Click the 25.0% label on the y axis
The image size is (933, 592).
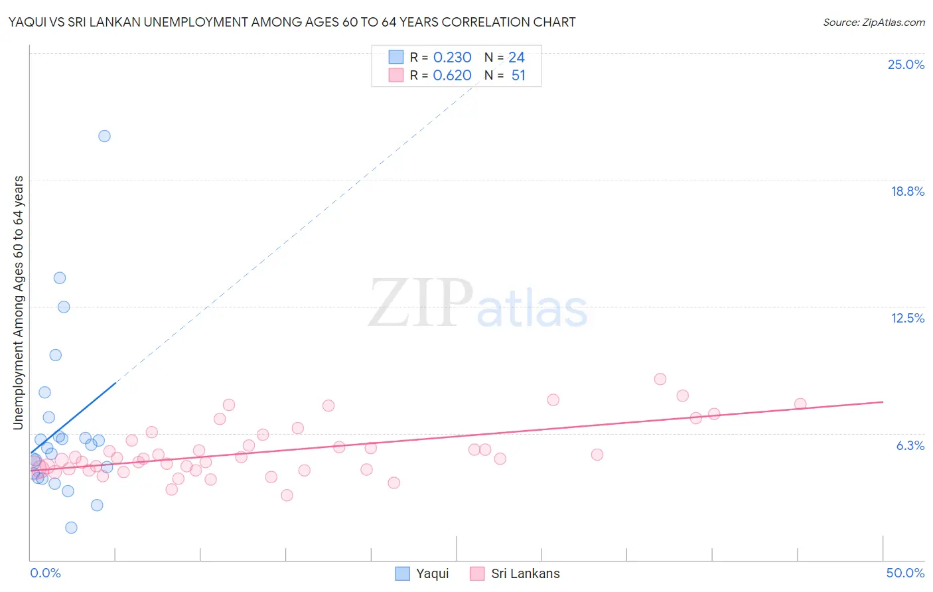(906, 64)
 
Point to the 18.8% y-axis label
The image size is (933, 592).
(907, 191)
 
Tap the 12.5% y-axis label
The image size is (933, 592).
(907, 318)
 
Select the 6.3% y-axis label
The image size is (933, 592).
(910, 445)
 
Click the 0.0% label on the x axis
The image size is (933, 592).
(45, 573)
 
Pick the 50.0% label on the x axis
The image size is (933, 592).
(904, 573)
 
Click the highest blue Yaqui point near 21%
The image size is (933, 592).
(104, 136)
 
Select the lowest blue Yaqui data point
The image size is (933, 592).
(71, 528)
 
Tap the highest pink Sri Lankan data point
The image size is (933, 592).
(660, 379)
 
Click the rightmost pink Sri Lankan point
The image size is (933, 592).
(800, 404)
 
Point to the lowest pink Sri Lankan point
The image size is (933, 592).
(287, 495)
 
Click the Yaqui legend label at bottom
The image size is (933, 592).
(432, 573)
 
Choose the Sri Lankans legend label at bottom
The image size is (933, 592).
(525, 573)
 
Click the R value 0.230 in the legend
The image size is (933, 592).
(452, 58)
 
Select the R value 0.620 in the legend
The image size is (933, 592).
(452, 76)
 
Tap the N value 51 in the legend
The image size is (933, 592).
(518, 76)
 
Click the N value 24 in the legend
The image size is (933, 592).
(516, 58)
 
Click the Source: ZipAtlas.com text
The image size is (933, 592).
(873, 23)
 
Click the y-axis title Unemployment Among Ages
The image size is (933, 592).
(18, 302)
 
